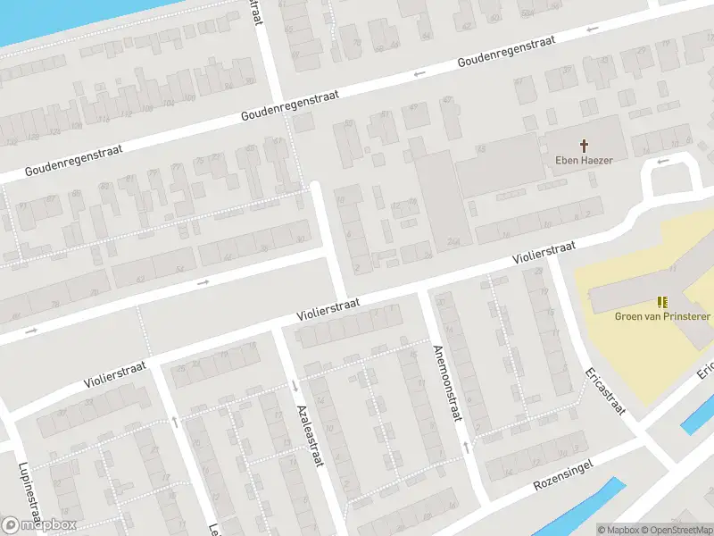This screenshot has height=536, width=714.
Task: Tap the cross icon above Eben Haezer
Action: coord(585,144)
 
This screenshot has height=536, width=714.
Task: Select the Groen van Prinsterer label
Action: coord(662,316)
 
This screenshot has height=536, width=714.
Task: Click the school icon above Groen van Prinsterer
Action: coord(662,302)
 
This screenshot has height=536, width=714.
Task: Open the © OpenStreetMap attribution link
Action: coord(677,530)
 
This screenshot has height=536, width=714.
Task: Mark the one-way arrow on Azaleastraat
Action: coord(295,386)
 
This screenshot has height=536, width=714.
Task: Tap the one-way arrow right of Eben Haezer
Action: coord(661,162)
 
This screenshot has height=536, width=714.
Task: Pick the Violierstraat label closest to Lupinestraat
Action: coord(116,373)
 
